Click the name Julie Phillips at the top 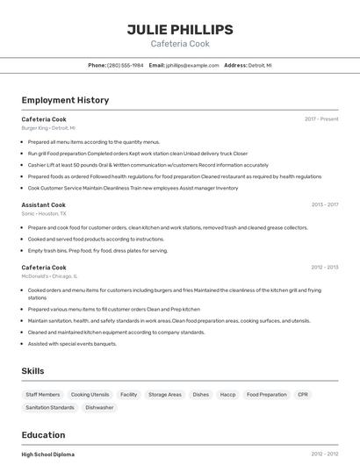(180, 29)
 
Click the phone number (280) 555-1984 (125, 66)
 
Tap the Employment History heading (65, 100)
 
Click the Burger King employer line (48, 128)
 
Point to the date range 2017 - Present (321, 119)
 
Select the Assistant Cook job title (43, 205)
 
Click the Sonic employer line (44, 214)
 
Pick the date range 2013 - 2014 (324, 205)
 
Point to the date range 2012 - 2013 (324, 268)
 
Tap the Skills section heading (32, 371)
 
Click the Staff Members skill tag (43, 395)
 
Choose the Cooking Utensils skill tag (90, 395)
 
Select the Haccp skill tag (227, 395)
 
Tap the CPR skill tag (303, 395)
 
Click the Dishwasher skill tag (99, 408)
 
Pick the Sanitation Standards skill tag (50, 408)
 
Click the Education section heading (43, 435)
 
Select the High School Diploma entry (47, 454)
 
